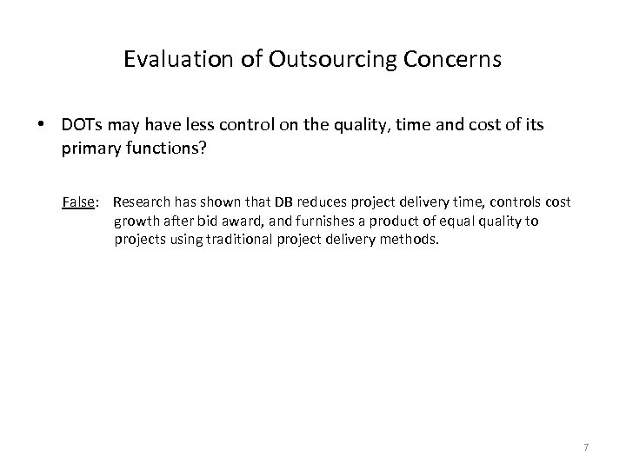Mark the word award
coord(240,221)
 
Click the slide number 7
coord(586,447)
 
